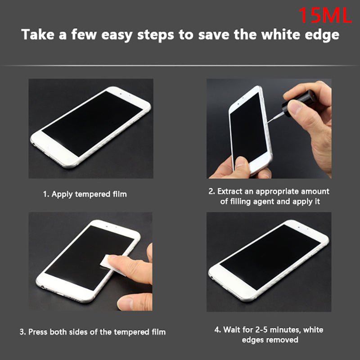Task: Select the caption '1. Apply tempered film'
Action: (x=85, y=194)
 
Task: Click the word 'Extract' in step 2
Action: (x=232, y=192)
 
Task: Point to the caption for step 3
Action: (x=93, y=332)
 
